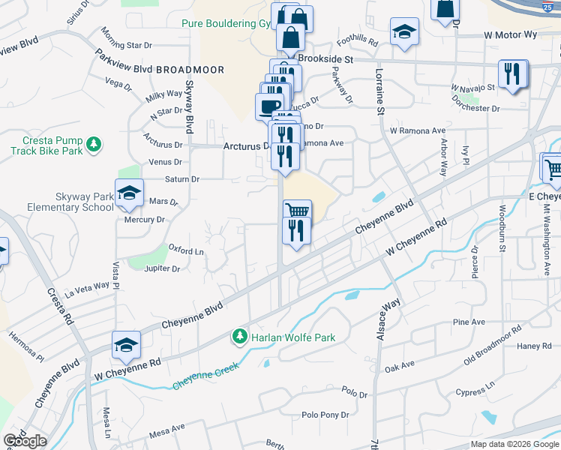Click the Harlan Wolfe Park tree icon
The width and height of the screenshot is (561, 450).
pyautogui.click(x=240, y=337)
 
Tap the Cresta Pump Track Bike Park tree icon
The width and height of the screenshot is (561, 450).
pyautogui.click(x=94, y=143)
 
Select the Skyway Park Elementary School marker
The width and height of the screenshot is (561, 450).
pyautogui.click(x=129, y=193)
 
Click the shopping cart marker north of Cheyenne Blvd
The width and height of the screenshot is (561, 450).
pyautogui.click(x=297, y=211)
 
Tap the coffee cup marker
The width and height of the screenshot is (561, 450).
pyautogui.click(x=269, y=105)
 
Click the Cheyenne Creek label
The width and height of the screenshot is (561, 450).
pyautogui.click(x=205, y=376)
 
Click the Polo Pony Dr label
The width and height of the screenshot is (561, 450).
pyautogui.click(x=325, y=414)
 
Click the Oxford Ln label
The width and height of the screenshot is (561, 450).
pyautogui.click(x=186, y=250)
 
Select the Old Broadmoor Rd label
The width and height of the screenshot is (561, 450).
pyautogui.click(x=492, y=342)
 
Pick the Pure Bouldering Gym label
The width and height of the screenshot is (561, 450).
pyautogui.click(x=225, y=23)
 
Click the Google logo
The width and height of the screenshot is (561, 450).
pyautogui.click(x=25, y=441)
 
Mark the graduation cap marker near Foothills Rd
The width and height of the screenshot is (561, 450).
pyautogui.click(x=404, y=32)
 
